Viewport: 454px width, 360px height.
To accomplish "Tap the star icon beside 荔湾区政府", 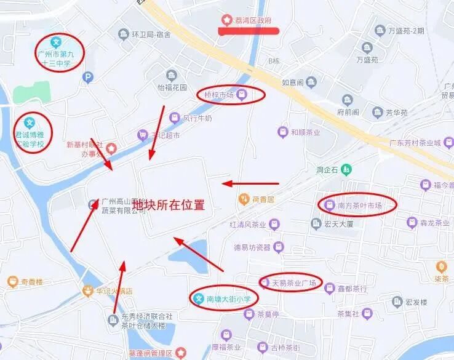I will pyautogui.click(x=228, y=20).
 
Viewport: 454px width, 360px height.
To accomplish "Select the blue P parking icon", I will pyautogui.click(x=89, y=77).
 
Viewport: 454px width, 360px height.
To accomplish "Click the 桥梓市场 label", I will pyautogui.click(x=219, y=95).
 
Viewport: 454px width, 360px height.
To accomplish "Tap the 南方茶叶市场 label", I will pyautogui.click(x=360, y=206).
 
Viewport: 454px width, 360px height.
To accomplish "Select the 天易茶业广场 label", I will pyautogui.click(x=293, y=283).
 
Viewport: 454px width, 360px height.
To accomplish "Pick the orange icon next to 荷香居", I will pyautogui.click(x=243, y=199).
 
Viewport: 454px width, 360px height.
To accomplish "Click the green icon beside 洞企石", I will pyautogui.click(x=347, y=169).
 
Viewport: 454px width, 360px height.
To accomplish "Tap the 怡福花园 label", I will pyautogui.click(x=172, y=87).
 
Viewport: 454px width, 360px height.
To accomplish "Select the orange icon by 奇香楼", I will pyautogui.click(x=12, y=282).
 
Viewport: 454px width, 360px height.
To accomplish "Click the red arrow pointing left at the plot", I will pyautogui.click(x=250, y=183).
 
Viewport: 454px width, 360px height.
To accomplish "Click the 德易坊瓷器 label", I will pyautogui.click(x=252, y=247).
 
